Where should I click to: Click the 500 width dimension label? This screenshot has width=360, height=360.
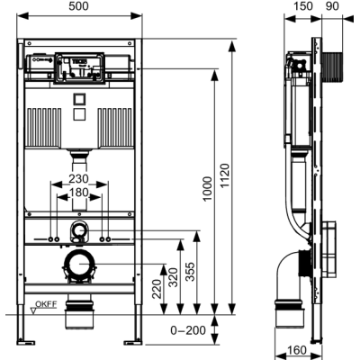(78, 6)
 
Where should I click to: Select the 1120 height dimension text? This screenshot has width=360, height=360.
(225, 175)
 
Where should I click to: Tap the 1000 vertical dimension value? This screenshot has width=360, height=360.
(207, 189)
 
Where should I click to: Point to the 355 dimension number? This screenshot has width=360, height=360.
(190, 272)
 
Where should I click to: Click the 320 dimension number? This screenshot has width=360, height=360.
(173, 278)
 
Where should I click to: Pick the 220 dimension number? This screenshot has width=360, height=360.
(157, 289)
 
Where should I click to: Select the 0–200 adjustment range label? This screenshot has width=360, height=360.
(188, 330)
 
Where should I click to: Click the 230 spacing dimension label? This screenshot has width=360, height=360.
(78, 179)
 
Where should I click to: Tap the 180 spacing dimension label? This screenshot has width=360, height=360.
(78, 193)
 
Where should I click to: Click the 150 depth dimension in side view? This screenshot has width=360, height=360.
(302, 6)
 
